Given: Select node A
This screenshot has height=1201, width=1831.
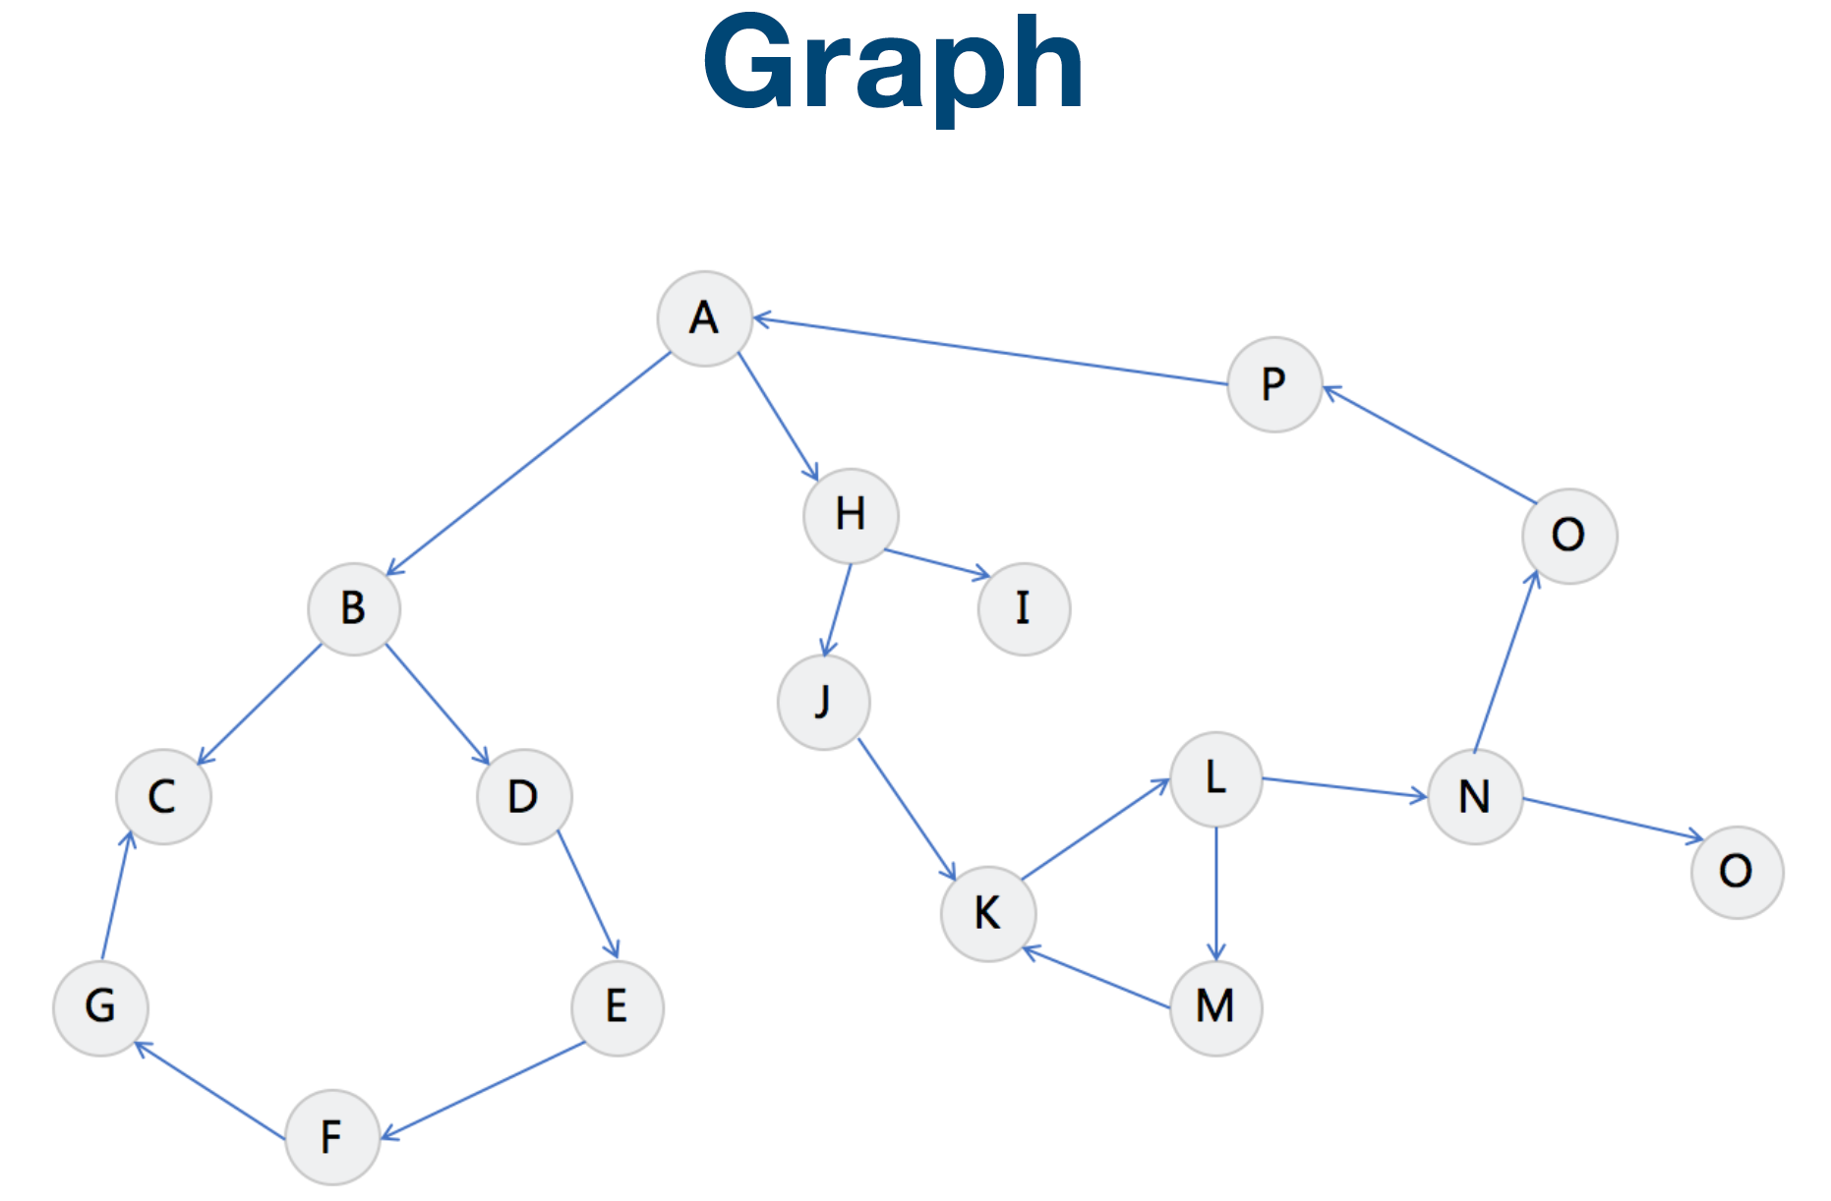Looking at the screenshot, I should pyautogui.click(x=705, y=318).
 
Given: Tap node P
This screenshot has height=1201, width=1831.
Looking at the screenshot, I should pyautogui.click(x=1274, y=384).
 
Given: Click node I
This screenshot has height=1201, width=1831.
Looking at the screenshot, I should pyautogui.click(x=1024, y=609).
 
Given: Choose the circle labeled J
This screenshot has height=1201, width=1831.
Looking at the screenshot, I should pyautogui.click(x=824, y=703).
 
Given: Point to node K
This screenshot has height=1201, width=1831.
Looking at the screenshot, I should pyautogui.click(x=988, y=914).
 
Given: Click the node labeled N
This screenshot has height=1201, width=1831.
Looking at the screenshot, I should pyautogui.click(x=1475, y=797).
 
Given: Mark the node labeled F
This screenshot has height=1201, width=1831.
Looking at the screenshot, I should pyautogui.click(x=332, y=1137).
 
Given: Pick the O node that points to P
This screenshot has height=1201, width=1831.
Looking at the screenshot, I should pyautogui.click(x=1569, y=537).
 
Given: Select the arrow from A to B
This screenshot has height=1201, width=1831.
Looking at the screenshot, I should pyautogui.click(x=529, y=464).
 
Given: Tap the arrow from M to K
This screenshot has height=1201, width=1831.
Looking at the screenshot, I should pyautogui.click(x=1096, y=978).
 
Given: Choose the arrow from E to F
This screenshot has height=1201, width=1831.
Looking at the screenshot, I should pyautogui.click(x=483, y=1091).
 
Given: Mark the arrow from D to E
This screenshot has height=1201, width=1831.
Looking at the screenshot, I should pyautogui.click(x=588, y=894).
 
